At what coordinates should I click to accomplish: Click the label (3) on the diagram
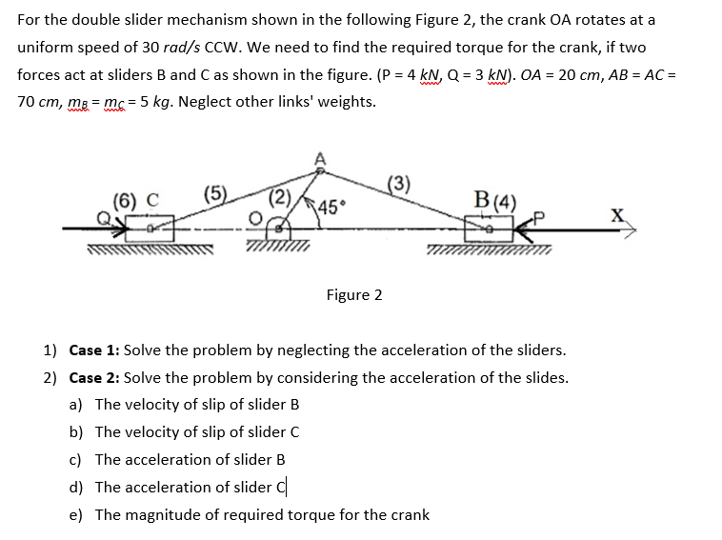point(399,184)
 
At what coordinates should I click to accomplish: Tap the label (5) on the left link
point(214,196)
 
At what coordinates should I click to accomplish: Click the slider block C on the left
point(154,228)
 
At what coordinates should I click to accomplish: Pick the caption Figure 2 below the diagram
point(353,294)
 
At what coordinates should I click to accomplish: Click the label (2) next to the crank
point(280,198)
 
